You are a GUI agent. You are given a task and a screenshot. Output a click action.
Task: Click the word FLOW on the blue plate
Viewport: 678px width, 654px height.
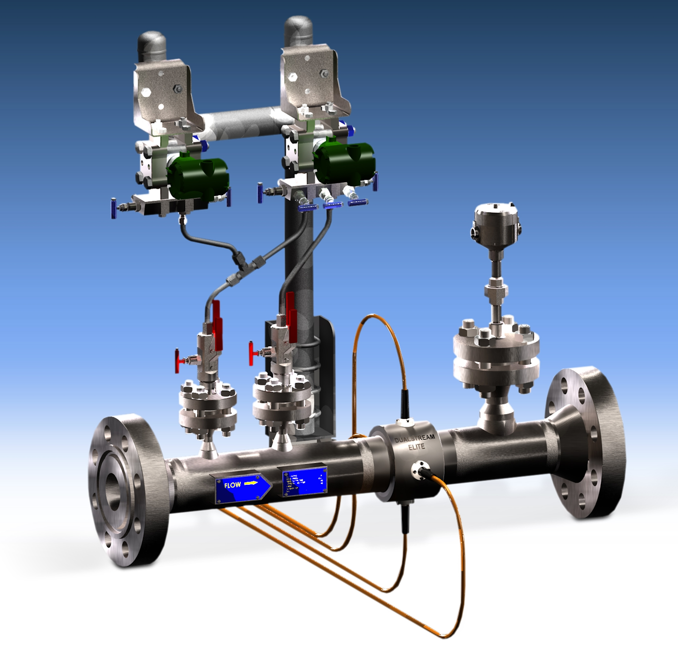[232, 485]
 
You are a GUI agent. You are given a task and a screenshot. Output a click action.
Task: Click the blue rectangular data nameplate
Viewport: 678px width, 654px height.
[304, 481]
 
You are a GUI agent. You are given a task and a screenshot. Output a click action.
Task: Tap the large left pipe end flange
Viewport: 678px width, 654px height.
[127, 490]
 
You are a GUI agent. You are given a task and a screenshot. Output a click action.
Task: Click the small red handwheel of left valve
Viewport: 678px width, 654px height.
[178, 361]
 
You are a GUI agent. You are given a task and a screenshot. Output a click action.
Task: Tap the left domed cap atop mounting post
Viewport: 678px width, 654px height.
[152, 45]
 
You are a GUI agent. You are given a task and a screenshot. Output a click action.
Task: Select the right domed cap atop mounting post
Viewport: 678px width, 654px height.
[298, 30]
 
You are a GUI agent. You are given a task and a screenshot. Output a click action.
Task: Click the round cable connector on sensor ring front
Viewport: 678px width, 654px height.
[419, 469]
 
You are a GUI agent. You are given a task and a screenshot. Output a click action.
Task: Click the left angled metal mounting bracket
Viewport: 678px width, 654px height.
[165, 94]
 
